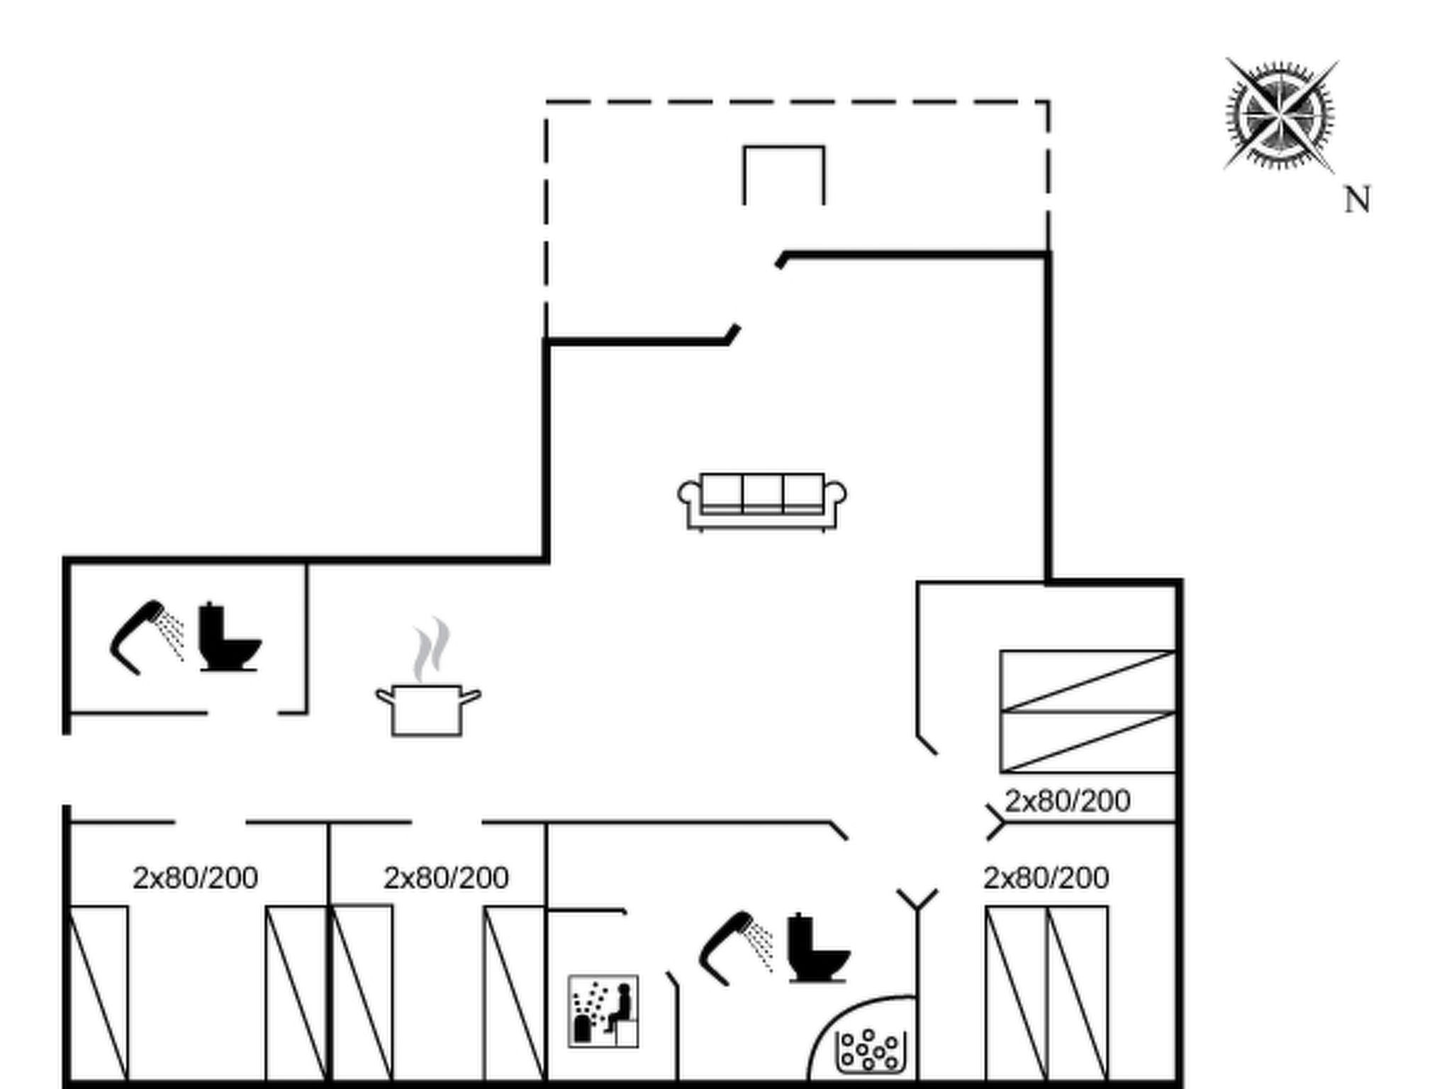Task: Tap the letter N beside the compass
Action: (1357, 200)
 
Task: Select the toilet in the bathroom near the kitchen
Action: (228, 637)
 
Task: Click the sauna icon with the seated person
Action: (603, 1011)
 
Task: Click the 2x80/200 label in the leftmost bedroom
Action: (195, 878)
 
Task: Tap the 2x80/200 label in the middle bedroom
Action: (446, 878)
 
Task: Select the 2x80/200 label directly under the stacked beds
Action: (1067, 801)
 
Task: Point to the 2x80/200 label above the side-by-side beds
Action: (1046, 878)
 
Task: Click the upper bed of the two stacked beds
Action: (1088, 681)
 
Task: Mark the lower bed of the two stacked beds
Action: (1088, 742)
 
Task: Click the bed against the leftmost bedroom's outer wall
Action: (99, 993)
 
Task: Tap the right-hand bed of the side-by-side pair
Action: (1078, 993)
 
